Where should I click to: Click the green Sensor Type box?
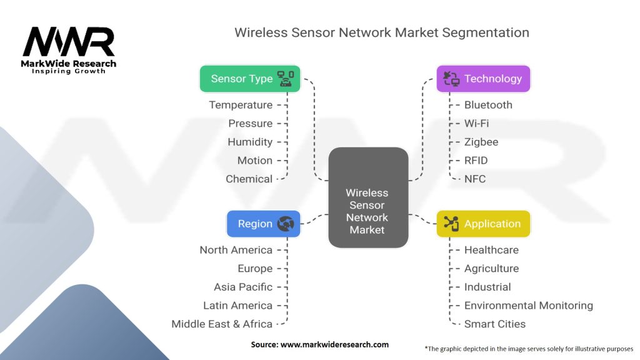click(250, 79)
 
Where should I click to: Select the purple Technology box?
click(483, 79)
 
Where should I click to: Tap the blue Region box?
click(263, 224)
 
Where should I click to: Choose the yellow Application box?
click(483, 224)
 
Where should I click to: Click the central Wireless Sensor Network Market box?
click(368, 197)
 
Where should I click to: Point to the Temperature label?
click(241, 105)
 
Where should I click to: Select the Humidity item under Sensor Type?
click(250, 142)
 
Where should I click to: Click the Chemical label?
click(249, 179)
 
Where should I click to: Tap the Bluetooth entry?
click(488, 105)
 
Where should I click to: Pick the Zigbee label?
click(481, 142)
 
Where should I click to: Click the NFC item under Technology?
click(475, 179)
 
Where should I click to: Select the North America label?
click(236, 250)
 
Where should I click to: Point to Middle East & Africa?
click(222, 324)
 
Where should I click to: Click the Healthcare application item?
click(491, 250)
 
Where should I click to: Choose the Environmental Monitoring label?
click(529, 305)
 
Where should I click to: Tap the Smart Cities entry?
click(495, 324)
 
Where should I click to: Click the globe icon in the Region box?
click(285, 224)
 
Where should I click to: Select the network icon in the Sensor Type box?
click(286, 79)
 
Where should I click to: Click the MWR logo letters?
click(69, 42)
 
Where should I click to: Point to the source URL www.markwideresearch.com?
click(334, 344)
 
